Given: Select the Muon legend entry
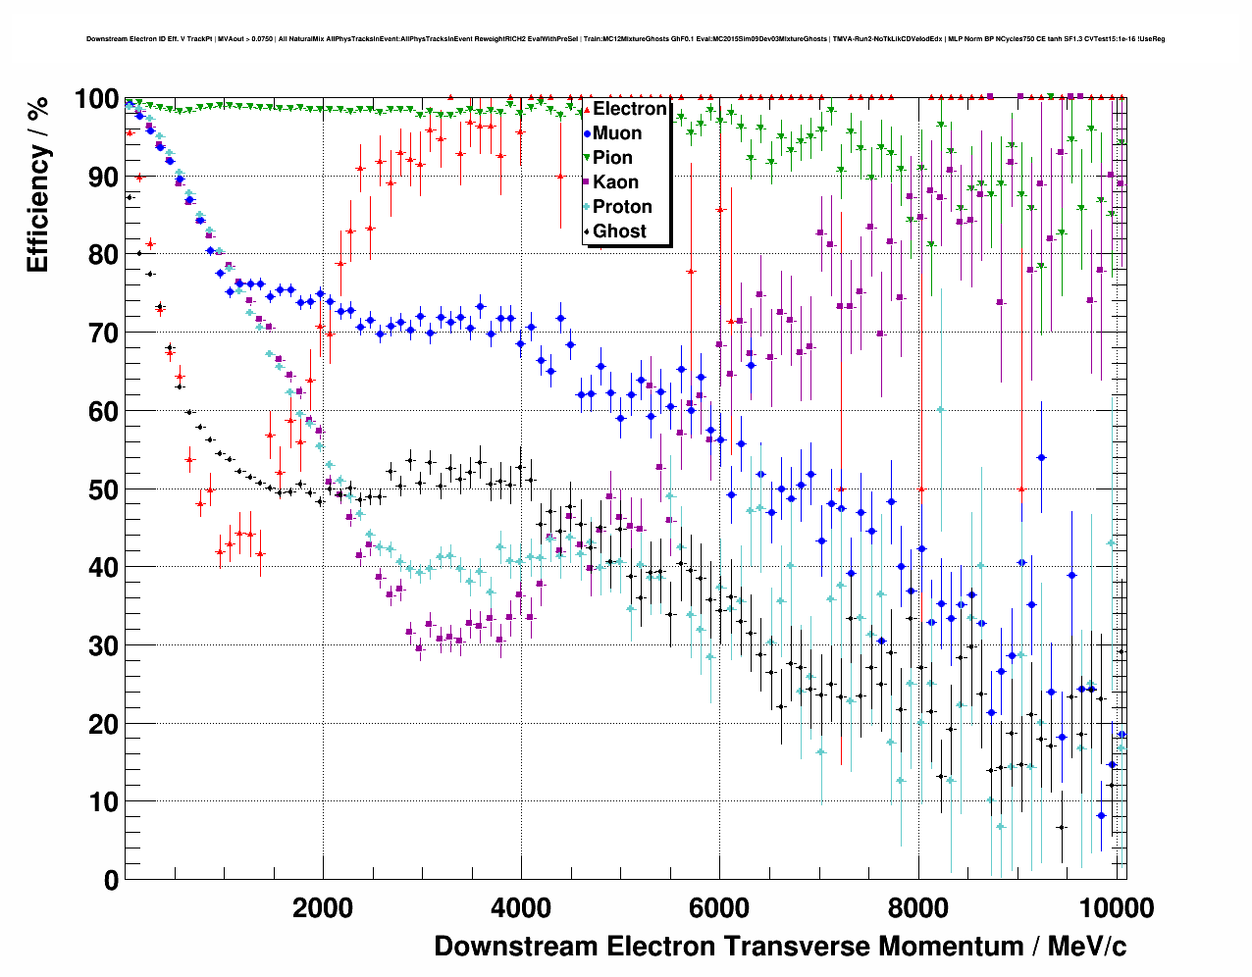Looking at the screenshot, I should pyautogui.click(x=617, y=133).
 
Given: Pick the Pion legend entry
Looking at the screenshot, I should pyautogui.click(x=612, y=158).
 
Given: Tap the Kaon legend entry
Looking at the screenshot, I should pyautogui.click(x=615, y=182).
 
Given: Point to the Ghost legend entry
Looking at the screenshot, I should pyautogui.click(x=619, y=231).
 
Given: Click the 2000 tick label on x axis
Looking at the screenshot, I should pyautogui.click(x=322, y=907).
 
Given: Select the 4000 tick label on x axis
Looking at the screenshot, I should pyautogui.click(x=520, y=907).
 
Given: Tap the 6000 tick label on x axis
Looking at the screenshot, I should pyautogui.click(x=718, y=907).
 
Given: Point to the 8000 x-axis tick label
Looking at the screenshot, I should pyautogui.click(x=917, y=907).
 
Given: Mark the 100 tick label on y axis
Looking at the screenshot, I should pyautogui.click(x=97, y=99).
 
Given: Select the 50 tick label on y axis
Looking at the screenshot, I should pyautogui.click(x=103, y=489).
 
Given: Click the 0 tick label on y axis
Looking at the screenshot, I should pyautogui.click(x=111, y=880).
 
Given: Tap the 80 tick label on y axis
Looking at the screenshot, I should pyautogui.click(x=103, y=255).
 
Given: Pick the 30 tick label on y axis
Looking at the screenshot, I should pyautogui.click(x=103, y=645).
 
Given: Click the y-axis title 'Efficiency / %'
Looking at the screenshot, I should pyautogui.click(x=37, y=184).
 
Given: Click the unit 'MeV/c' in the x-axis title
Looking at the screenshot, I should pyautogui.click(x=1087, y=947).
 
